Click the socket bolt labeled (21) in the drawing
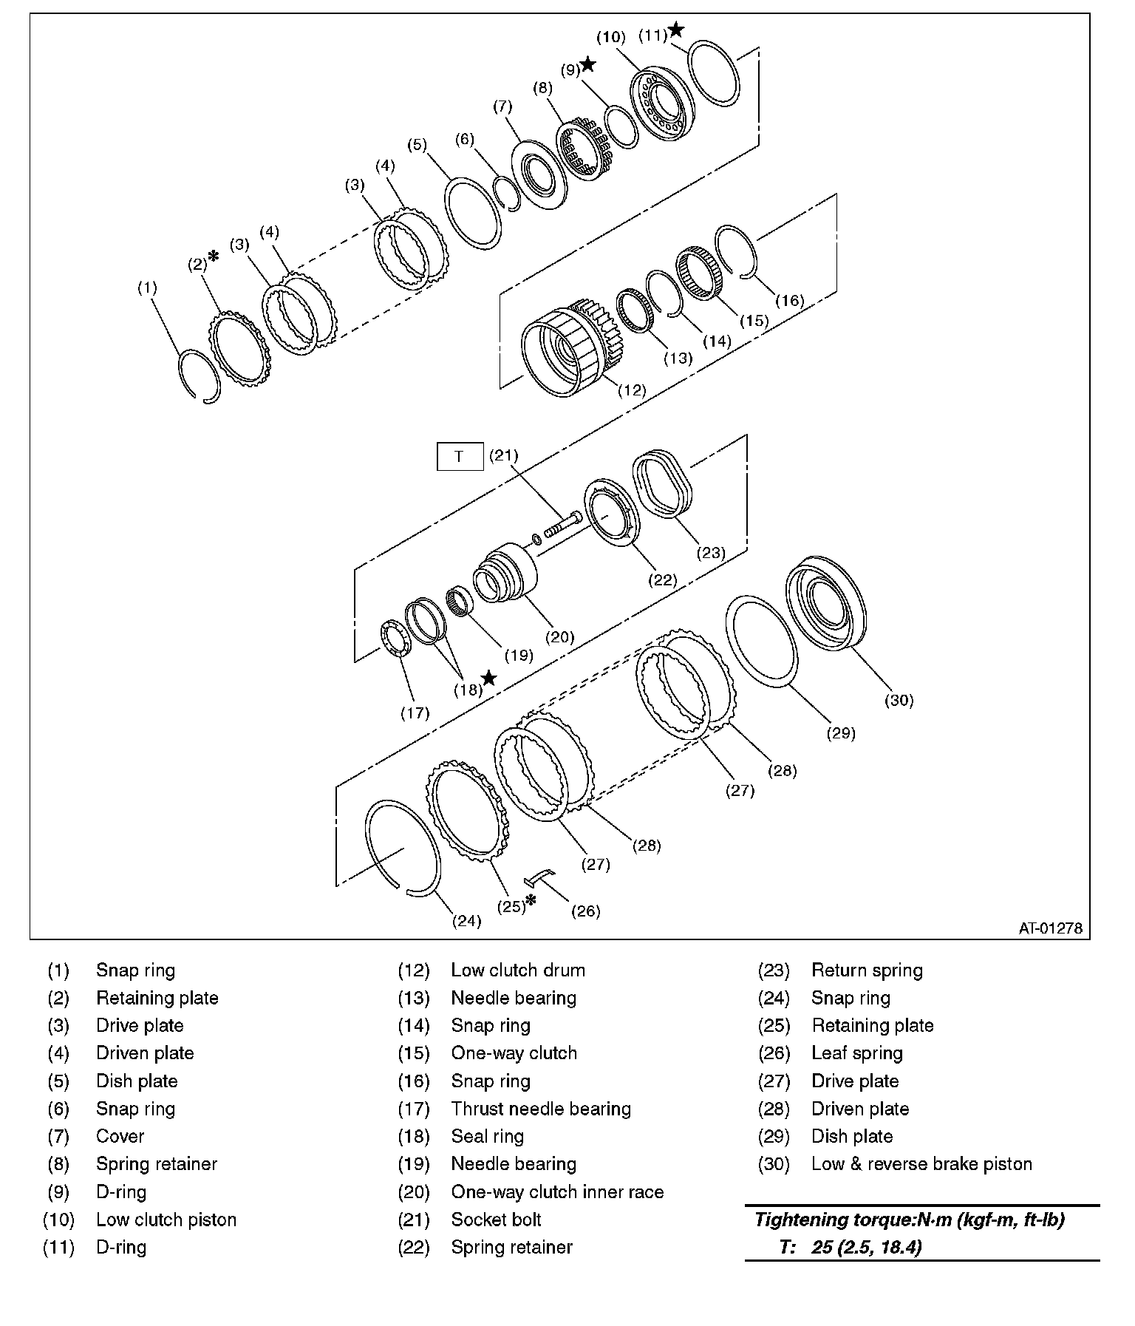pyautogui.click(x=561, y=528)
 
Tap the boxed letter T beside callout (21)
pyautogui.click(x=459, y=457)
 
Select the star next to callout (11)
pyautogui.click(x=675, y=30)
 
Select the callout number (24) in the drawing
pyautogui.click(x=466, y=921)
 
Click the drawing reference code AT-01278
pyautogui.click(x=1050, y=928)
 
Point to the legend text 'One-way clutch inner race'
pyautogui.click(x=557, y=1191)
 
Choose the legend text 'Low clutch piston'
pyautogui.click(x=166, y=1220)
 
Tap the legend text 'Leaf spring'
pyautogui.click(x=857, y=1053)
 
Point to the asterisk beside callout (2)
pyautogui.click(x=214, y=256)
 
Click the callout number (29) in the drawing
pyautogui.click(x=841, y=733)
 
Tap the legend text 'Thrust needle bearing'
pyautogui.click(x=541, y=1109)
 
